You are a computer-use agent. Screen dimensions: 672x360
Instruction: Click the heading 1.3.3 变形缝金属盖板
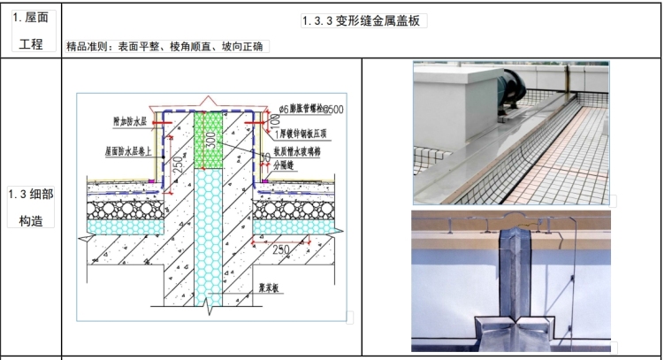pos(363,22)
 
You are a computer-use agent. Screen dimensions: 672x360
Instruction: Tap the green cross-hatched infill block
pos(210,139)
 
